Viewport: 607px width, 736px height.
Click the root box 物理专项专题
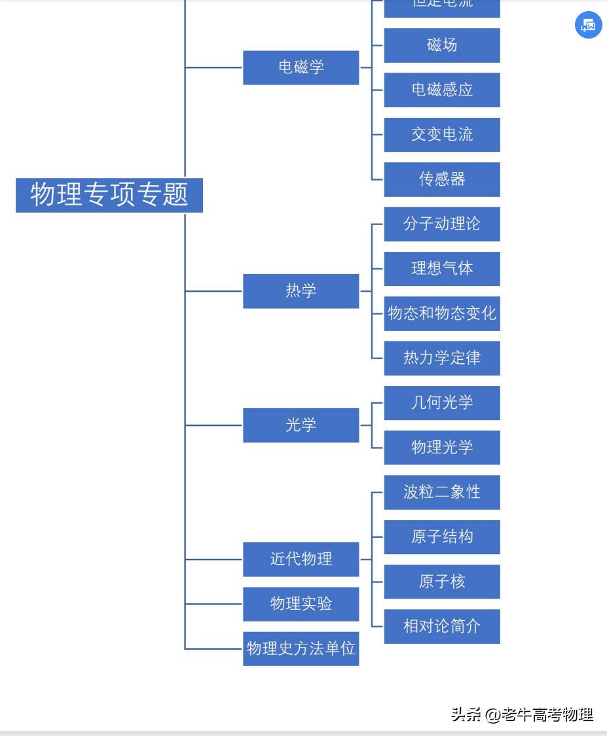[109, 195]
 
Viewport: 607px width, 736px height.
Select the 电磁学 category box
[301, 67]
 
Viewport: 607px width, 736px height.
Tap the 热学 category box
[301, 291]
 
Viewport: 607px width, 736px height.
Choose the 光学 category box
[301, 425]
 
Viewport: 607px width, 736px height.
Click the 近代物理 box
[301, 559]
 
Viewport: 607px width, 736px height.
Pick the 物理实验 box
[301, 604]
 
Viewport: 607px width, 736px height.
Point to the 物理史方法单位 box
[301, 648]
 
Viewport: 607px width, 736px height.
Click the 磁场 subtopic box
[442, 45]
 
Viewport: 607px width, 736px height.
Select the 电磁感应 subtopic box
[442, 90]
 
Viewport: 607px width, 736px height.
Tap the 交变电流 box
[442, 135]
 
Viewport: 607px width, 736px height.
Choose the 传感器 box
[442, 179]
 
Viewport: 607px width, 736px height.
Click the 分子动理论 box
[442, 224]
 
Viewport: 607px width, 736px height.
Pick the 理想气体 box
[442, 269]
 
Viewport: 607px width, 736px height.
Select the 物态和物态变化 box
[442, 313]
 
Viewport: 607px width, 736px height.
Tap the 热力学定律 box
[442, 358]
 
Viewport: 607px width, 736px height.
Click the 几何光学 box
[442, 403]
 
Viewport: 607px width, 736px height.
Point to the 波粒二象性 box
[442, 492]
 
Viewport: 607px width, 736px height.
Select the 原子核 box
[442, 582]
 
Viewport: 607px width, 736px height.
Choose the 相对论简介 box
[442, 626]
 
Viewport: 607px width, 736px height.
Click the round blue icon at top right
[588, 26]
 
